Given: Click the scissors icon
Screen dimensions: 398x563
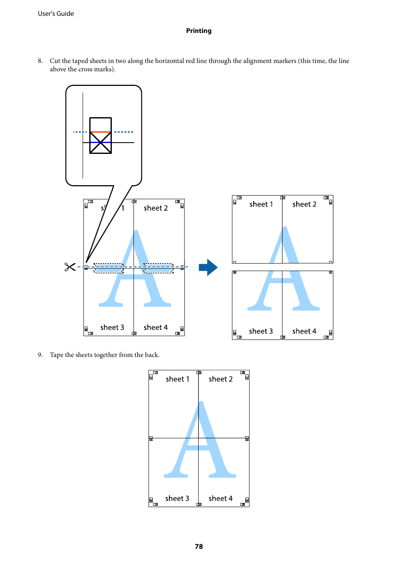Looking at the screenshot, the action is pos(70,267).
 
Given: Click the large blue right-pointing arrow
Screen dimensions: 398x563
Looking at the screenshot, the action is pos(208,267).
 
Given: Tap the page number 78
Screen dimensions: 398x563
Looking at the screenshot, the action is pos(199,546).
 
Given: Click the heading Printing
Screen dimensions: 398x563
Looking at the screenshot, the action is pos(199,31).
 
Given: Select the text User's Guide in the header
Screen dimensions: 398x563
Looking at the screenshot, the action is pos(56,14).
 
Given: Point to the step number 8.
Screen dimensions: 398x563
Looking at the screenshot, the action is pos(40,61).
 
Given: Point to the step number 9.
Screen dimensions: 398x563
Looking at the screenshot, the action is pos(40,355).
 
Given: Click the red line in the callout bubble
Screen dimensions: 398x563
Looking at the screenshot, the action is pos(100,132).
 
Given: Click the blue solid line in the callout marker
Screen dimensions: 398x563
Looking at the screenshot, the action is pos(100,143).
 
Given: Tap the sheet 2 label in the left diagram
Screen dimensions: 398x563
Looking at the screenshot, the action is pos(156,208).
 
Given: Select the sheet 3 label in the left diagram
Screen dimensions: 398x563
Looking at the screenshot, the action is pos(112,327).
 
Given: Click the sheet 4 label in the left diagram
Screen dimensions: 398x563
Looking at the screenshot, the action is pos(156,327).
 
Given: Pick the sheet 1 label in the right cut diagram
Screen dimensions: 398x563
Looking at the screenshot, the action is pos(261,204).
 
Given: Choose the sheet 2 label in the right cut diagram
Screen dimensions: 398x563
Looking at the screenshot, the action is pos(304,204).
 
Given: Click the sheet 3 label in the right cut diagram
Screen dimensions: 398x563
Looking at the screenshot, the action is pos(261,331).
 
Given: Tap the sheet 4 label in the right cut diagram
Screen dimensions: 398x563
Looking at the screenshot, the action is pos(304,331).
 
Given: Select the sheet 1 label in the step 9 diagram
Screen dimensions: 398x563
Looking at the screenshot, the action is pos(177,379).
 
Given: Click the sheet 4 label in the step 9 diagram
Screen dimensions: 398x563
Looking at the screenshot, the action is pos(221,498).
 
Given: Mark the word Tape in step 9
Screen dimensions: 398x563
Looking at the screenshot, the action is pos(57,355).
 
